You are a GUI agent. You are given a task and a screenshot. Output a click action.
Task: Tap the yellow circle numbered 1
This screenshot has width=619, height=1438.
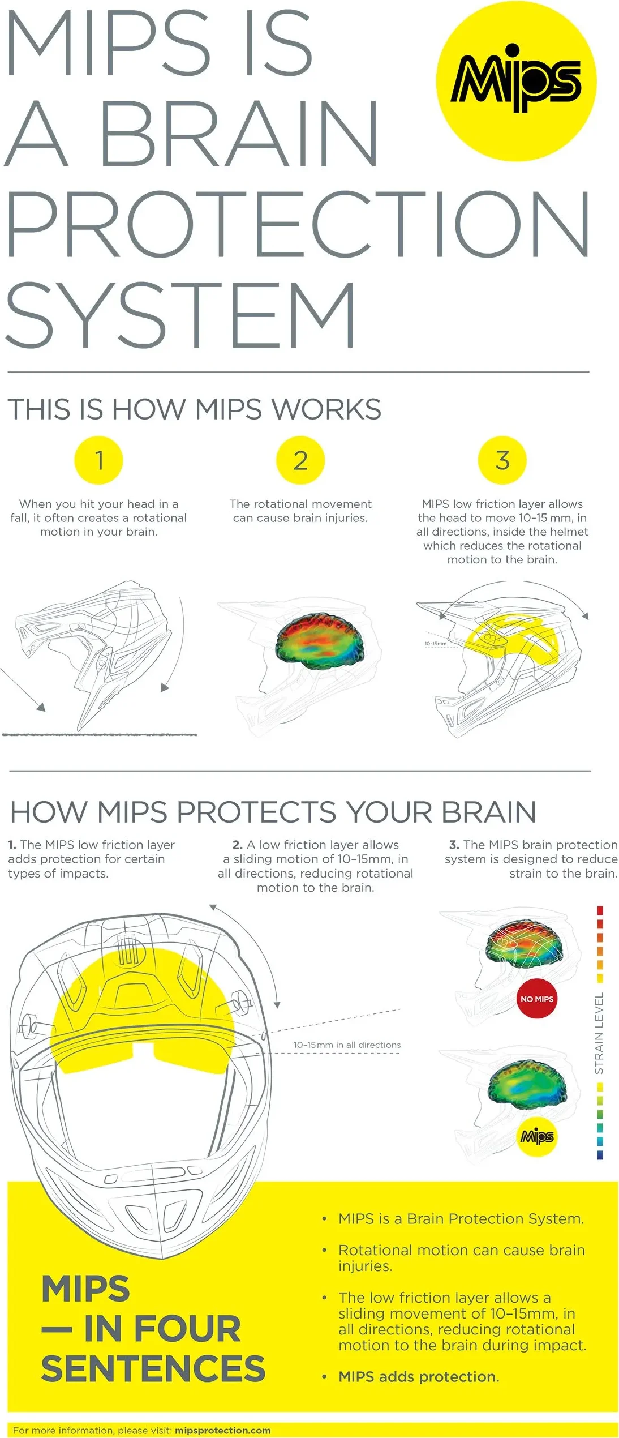[98, 460]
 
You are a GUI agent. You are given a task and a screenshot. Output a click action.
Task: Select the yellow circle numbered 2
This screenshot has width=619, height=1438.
[300, 460]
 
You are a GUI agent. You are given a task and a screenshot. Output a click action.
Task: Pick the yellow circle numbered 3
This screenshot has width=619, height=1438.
[502, 460]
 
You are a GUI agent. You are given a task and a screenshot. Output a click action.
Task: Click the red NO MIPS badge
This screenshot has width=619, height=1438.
[536, 999]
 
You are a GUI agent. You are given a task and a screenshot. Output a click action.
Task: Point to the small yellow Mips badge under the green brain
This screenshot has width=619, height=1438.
[537, 1136]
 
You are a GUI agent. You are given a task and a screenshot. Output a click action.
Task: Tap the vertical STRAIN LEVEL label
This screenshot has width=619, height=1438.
[599, 1033]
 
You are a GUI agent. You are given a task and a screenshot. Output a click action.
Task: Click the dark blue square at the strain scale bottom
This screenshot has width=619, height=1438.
[600, 1155]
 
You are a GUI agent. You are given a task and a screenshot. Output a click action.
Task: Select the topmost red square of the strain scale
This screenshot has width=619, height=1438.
[600, 910]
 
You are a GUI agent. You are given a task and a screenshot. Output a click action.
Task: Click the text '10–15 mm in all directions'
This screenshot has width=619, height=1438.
[347, 1045]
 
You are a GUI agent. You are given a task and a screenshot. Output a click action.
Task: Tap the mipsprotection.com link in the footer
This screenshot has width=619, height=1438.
[222, 1431]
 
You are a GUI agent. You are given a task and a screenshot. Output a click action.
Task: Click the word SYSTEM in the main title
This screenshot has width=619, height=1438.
[180, 315]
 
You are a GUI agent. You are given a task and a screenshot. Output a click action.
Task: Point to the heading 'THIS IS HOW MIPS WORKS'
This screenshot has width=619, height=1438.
[194, 409]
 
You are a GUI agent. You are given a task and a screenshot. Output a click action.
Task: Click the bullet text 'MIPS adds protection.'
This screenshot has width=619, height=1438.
[419, 1377]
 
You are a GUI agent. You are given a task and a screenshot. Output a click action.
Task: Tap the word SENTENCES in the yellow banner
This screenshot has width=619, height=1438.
[153, 1368]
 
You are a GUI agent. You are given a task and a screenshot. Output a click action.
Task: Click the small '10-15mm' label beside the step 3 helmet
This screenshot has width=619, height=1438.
[436, 644]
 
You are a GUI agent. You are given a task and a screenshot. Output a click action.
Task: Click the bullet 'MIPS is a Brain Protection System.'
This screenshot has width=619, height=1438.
[461, 1218]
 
